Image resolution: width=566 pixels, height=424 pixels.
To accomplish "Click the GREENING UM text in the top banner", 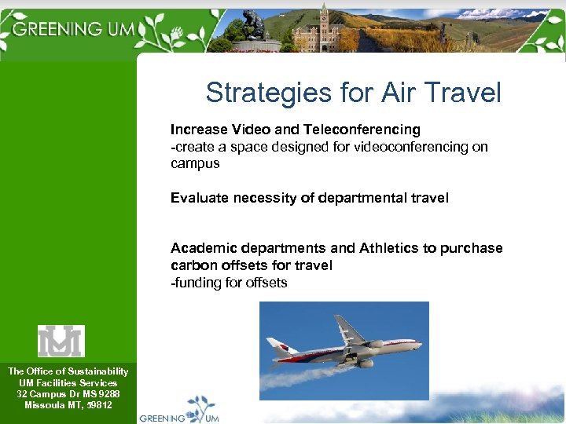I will (75, 29).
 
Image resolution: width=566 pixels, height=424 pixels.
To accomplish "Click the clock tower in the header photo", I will (323, 24).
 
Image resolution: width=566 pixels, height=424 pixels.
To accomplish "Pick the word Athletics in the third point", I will (389, 248).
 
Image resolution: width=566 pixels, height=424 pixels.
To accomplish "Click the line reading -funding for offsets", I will (229, 283).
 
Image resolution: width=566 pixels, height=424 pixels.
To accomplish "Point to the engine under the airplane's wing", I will (366, 363).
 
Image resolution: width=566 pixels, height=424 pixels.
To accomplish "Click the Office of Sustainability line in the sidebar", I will (68, 371).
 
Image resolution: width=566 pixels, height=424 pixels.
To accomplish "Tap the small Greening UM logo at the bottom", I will (181, 410).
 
